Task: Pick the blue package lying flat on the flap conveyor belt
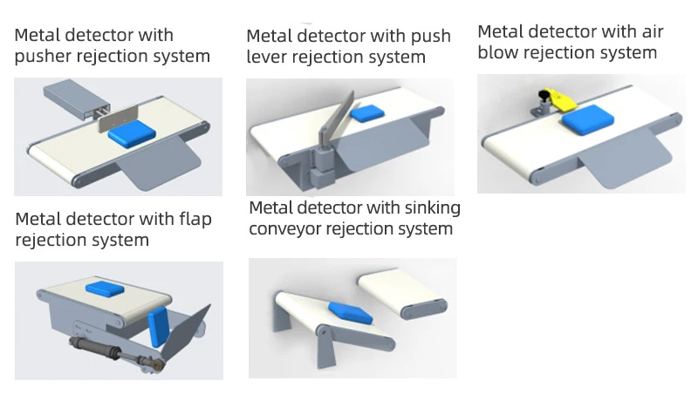coord(104,289)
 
